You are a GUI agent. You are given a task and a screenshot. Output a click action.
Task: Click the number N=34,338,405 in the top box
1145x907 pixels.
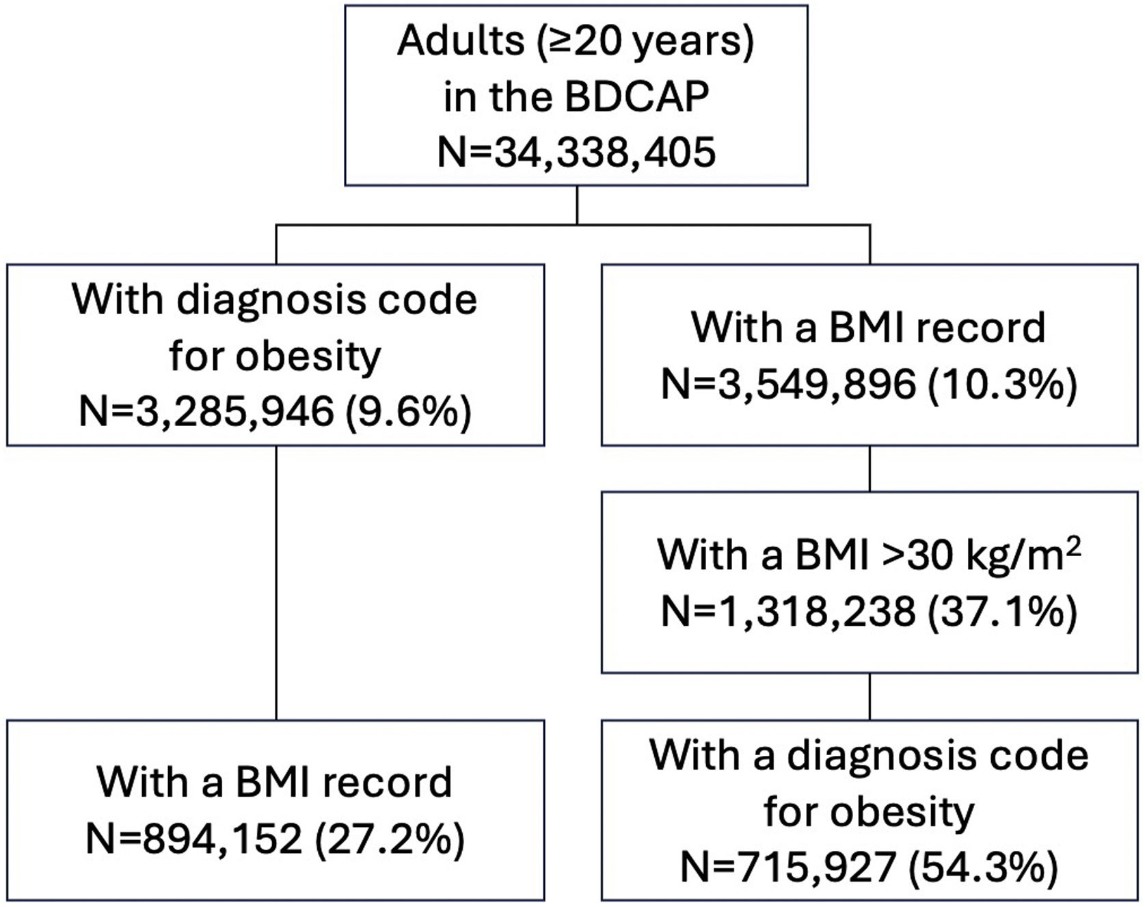pos(576,151)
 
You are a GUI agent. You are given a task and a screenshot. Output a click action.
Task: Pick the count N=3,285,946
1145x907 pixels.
pos(206,412)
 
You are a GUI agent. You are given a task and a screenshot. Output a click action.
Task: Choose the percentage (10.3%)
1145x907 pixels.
pos(1002,384)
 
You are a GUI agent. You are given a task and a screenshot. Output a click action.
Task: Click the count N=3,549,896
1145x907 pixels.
pos(788,384)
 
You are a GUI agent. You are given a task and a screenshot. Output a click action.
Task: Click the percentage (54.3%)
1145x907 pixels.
pos(982,867)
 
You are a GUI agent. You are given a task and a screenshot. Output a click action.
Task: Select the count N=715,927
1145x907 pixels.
pos(788,867)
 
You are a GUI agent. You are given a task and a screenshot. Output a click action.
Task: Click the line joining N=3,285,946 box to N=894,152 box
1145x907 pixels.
pos(276,583)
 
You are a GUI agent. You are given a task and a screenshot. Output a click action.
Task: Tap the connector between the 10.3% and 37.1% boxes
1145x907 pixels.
pos(870,469)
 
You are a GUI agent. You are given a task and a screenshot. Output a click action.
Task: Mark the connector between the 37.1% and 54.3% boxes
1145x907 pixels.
pos(870,696)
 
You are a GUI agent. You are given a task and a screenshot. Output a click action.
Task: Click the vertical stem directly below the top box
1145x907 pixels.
pos(577,205)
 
